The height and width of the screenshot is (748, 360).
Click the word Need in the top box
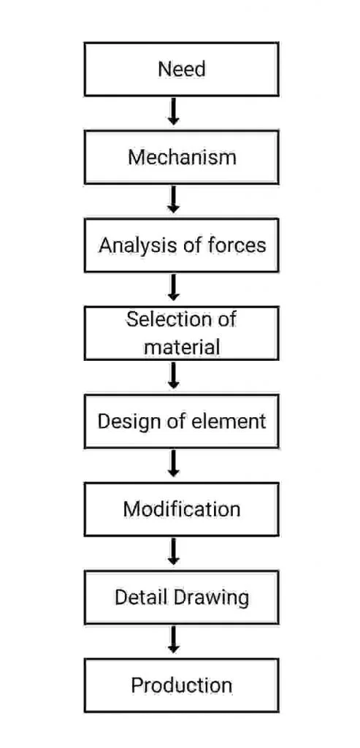click(x=182, y=69)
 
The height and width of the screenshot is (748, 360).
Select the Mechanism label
click(x=182, y=158)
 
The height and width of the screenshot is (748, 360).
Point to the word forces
click(x=237, y=245)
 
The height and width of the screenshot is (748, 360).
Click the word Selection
click(x=167, y=319)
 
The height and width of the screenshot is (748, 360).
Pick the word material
click(x=182, y=347)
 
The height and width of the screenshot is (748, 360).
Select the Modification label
click(x=182, y=509)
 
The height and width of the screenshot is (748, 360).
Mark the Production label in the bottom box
click(x=182, y=685)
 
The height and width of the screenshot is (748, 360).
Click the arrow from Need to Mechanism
click(x=174, y=112)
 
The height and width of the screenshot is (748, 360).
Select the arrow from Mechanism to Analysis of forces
click(x=174, y=199)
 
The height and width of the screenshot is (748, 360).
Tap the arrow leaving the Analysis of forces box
click(x=174, y=287)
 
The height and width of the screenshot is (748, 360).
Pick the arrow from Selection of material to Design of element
click(x=174, y=375)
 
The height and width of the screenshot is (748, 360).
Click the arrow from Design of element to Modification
click(x=174, y=464)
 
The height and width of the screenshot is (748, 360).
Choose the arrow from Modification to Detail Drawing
click(x=174, y=552)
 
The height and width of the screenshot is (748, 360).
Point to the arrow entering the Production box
click(x=174, y=640)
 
